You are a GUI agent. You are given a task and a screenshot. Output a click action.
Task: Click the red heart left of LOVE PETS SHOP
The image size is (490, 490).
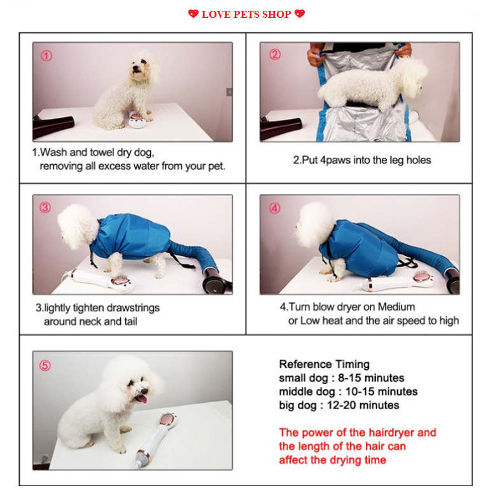click(x=193, y=14)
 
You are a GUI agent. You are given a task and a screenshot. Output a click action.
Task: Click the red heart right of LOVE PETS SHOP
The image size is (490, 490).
click(x=300, y=14)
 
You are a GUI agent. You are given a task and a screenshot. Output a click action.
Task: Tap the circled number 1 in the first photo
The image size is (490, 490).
click(x=46, y=56)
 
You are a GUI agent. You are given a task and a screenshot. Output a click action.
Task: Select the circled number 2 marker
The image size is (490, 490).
click(x=275, y=54)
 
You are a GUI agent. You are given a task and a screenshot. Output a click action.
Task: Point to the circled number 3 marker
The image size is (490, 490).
click(x=45, y=207)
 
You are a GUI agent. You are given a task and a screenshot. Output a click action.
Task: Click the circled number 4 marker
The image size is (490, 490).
click(x=275, y=208)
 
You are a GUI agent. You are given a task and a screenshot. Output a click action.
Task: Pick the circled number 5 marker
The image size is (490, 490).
click(x=45, y=366)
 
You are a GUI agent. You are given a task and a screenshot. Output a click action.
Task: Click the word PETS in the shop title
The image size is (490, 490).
click(x=246, y=15)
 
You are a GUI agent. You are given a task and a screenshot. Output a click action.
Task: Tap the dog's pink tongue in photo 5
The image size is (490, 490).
click(x=142, y=399)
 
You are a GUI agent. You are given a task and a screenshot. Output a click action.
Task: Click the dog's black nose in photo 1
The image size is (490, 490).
click(x=135, y=67)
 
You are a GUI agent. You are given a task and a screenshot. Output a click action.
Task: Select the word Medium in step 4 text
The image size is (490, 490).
click(x=396, y=307)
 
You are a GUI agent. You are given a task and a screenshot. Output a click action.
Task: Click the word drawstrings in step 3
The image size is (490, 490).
click(x=132, y=308)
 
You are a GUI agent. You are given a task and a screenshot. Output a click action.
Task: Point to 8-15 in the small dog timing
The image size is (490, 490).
click(x=349, y=378)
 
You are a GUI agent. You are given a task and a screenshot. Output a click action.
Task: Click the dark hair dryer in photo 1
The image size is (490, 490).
click(x=53, y=127)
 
